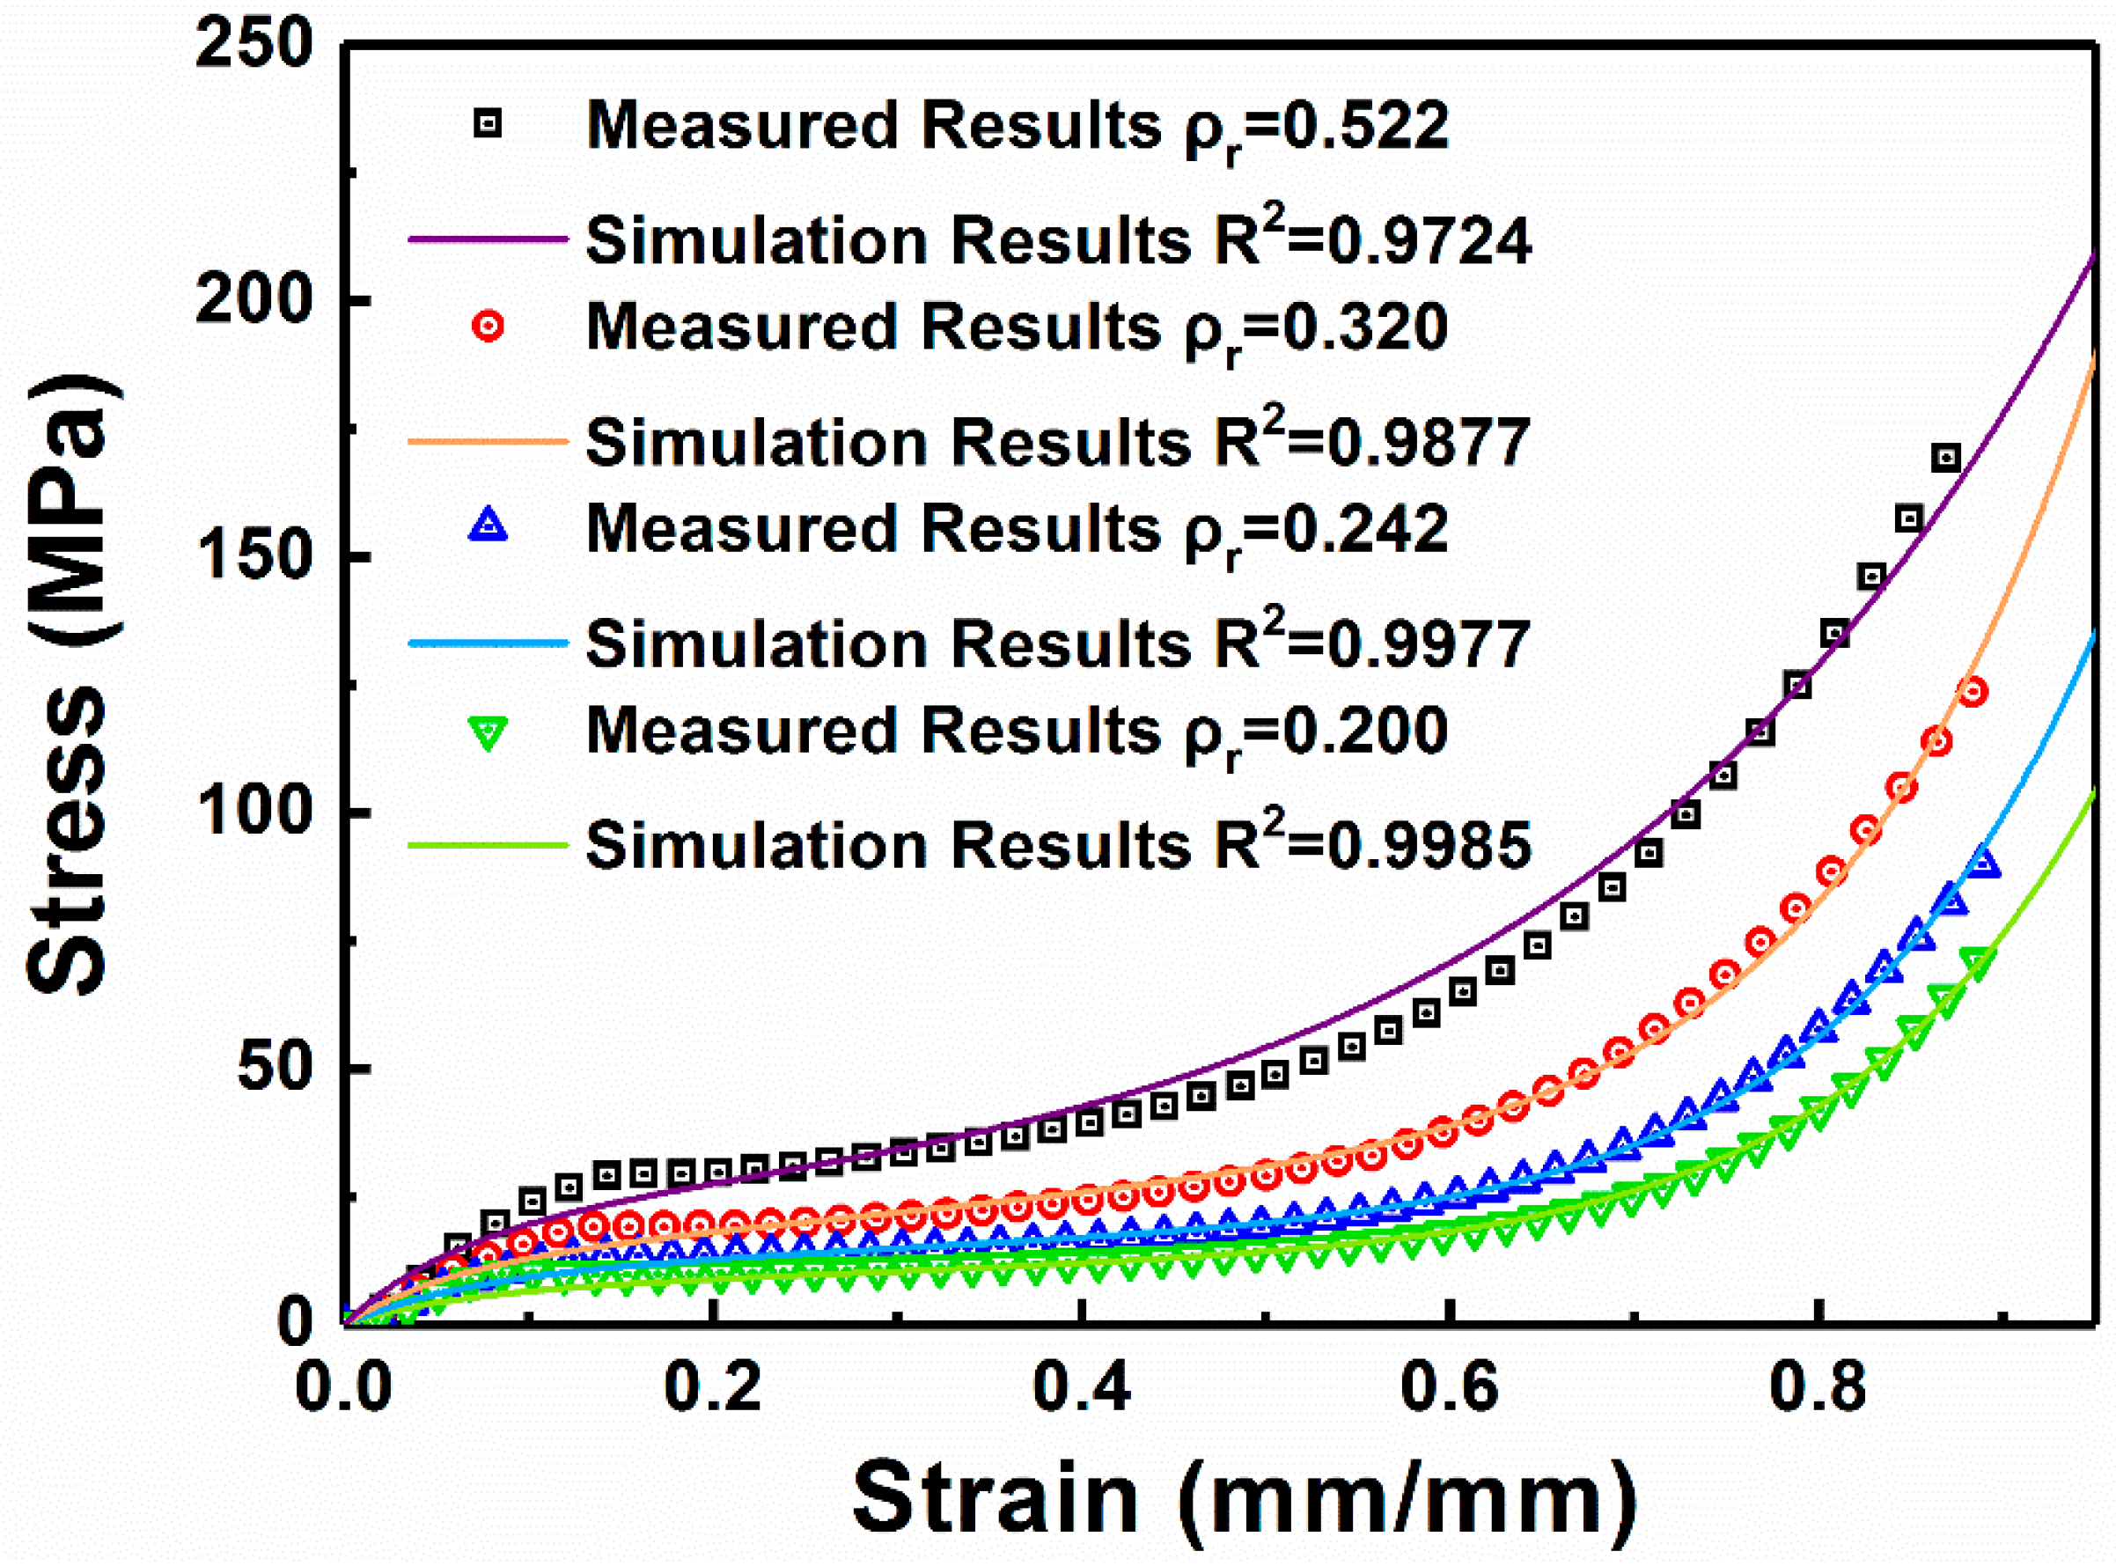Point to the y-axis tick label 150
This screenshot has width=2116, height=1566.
(x=254, y=555)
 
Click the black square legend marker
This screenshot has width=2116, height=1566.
(x=488, y=124)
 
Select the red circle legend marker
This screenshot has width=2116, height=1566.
(x=488, y=326)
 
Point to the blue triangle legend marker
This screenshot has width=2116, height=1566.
(x=488, y=526)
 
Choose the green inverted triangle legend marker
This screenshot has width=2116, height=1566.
(x=488, y=732)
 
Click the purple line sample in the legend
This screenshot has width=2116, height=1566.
(x=487, y=239)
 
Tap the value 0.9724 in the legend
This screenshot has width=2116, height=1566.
(x=1428, y=241)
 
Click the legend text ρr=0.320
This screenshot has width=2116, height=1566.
(x=1316, y=329)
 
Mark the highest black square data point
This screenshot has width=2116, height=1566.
(x=1945, y=458)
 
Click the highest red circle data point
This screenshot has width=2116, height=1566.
(x=1973, y=691)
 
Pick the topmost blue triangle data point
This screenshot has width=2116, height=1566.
(x=1984, y=863)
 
